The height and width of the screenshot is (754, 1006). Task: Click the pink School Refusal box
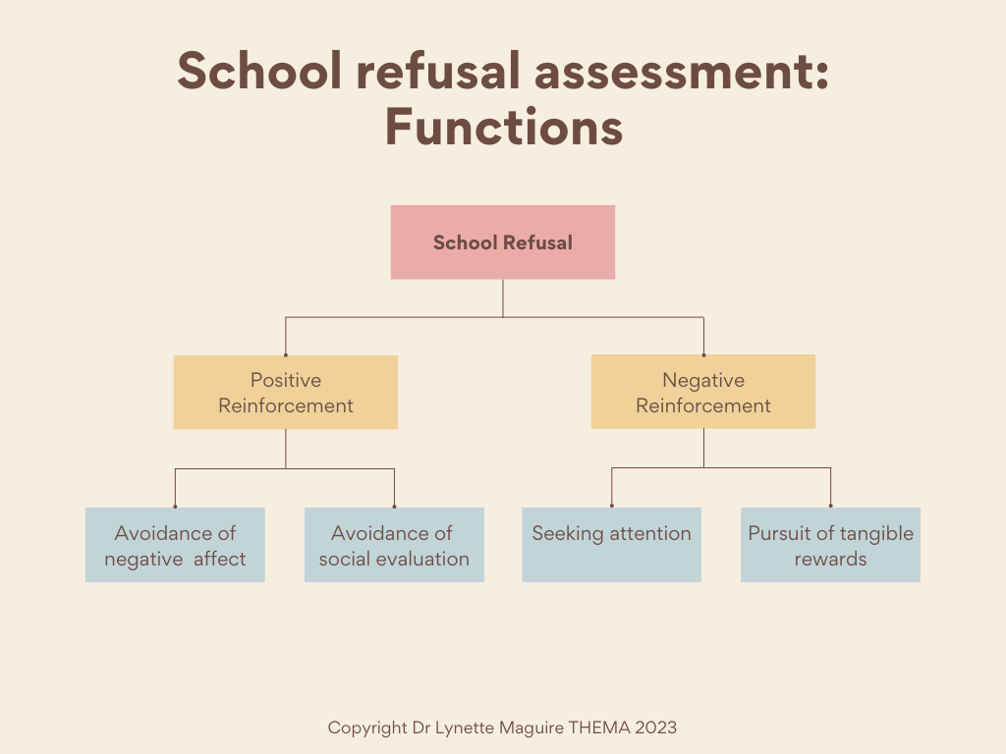coord(503,242)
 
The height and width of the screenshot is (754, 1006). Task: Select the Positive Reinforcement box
coord(286,393)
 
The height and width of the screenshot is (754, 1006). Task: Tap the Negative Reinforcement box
coord(703,392)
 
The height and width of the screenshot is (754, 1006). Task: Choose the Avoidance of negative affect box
coord(175,545)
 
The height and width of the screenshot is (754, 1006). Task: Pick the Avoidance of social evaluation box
coord(394,545)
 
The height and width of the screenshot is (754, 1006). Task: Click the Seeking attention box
coord(611,545)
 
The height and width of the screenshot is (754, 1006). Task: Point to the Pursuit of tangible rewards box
coord(831,545)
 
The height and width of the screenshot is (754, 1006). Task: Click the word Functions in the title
coord(504,127)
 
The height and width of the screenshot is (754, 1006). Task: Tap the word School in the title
coord(259,71)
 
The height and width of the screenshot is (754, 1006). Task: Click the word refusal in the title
coord(438,71)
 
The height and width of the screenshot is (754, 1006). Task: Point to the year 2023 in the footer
coord(655,727)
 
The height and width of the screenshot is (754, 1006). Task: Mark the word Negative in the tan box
coord(703,380)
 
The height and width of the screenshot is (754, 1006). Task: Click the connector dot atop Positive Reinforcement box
coord(286,354)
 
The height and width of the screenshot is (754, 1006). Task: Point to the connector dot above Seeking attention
coord(611,506)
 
